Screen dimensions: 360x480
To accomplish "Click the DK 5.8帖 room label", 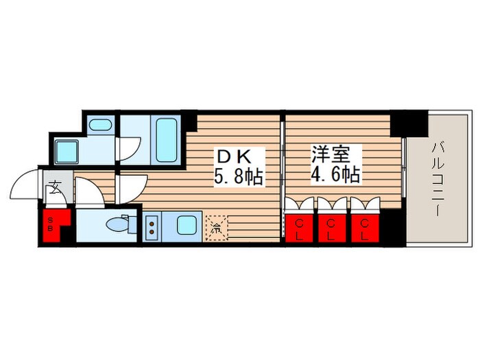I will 237,167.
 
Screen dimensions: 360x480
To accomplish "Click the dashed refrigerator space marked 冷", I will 216,226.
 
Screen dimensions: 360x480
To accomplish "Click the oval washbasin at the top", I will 101,125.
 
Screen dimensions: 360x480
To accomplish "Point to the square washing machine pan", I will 68,149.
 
